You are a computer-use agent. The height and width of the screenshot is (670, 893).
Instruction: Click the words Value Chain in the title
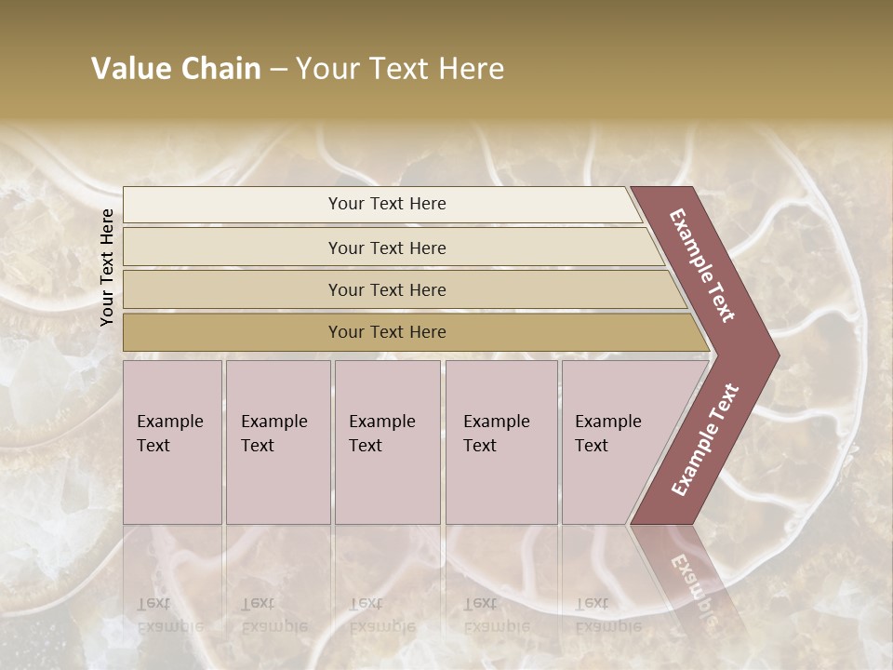176,69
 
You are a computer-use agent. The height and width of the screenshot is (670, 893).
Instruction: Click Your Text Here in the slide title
400,69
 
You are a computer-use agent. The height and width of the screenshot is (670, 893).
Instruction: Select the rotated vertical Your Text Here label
107,267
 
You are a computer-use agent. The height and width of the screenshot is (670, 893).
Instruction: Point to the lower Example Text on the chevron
705,440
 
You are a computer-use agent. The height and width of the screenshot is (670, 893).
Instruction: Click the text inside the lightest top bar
387,204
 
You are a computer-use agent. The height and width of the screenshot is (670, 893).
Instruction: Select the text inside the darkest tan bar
387,332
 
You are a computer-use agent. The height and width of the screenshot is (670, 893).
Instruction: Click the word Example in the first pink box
169,422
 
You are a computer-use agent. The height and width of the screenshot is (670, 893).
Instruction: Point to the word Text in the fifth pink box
592,446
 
